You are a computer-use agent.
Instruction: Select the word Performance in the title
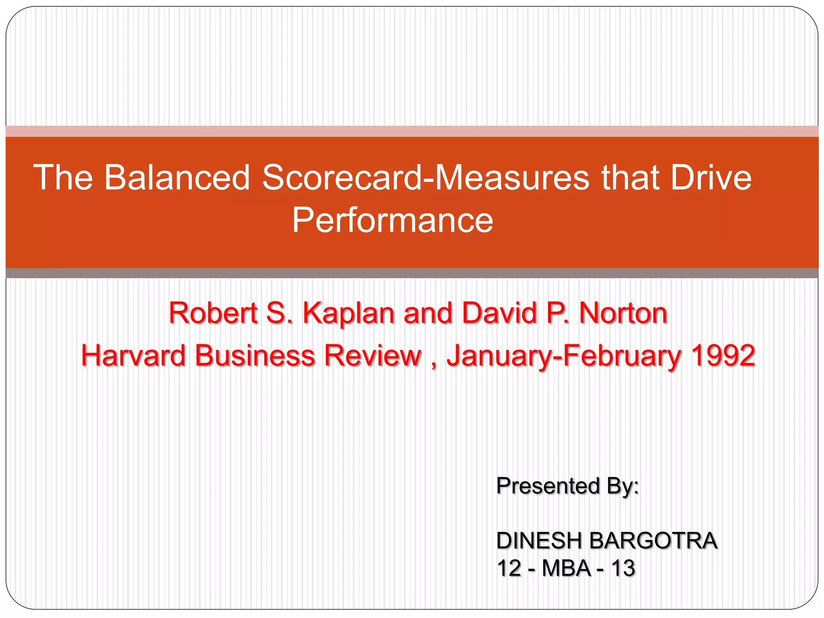[x=392, y=220]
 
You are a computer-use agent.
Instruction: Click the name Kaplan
[x=348, y=313]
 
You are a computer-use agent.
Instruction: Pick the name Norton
[x=623, y=313]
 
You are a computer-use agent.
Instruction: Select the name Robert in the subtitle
[x=213, y=313]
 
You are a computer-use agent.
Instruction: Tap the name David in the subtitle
[x=499, y=313]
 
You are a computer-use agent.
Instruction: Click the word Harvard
[x=133, y=356]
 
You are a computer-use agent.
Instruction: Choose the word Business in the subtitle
[x=255, y=356]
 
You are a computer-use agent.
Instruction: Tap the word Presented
[x=548, y=486]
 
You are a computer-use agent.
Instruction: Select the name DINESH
[x=539, y=540]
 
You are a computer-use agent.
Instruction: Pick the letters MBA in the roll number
[x=566, y=568]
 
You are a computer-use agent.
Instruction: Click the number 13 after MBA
[x=623, y=568]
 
